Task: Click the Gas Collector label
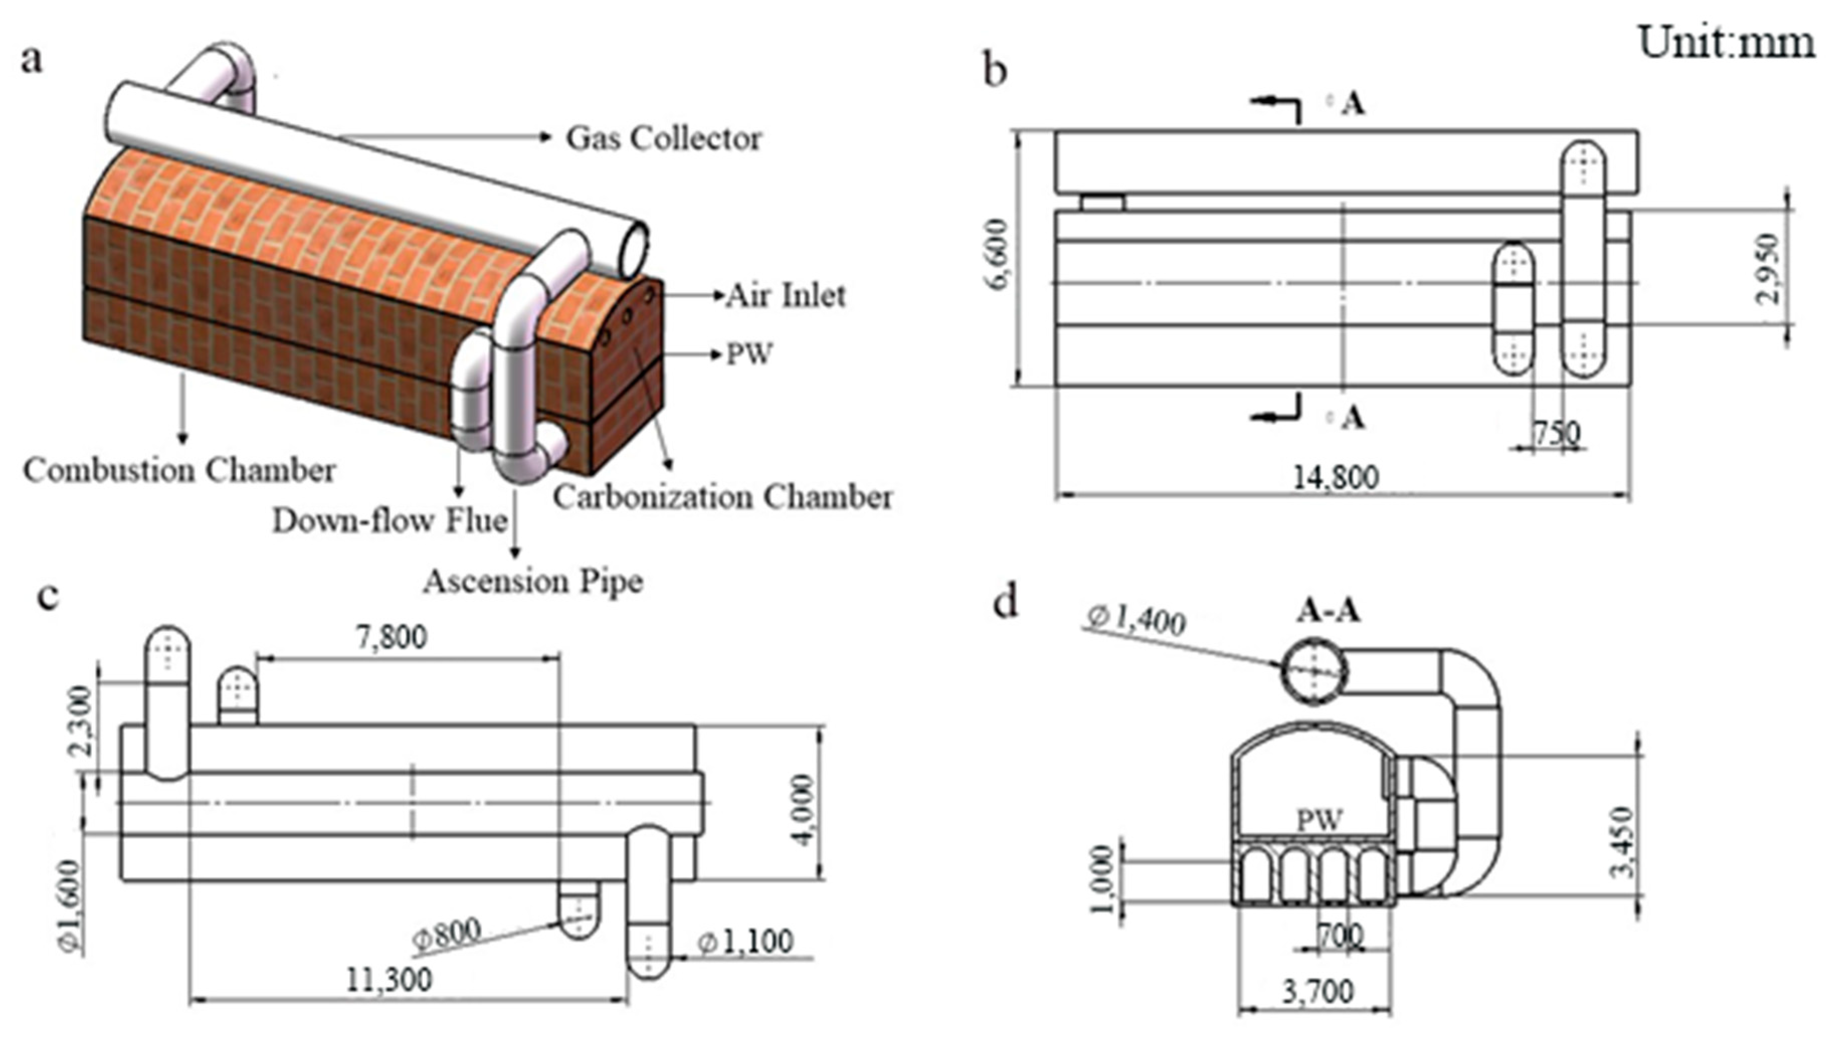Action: (663, 139)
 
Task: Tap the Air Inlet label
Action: (786, 296)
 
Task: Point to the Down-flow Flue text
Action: (390, 520)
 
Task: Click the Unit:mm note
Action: (1726, 43)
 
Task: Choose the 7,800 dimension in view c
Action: (392, 636)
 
